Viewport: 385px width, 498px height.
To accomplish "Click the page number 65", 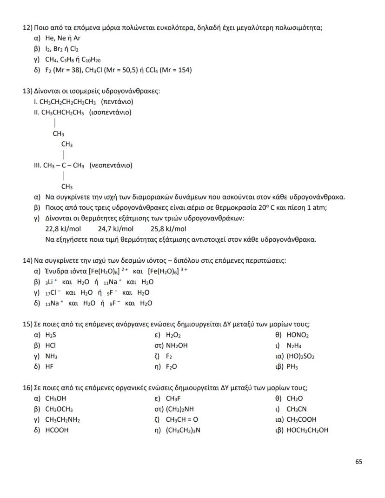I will (358, 462).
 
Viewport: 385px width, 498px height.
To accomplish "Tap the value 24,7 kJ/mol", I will (116, 229).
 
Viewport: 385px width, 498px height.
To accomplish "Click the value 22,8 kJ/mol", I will (63, 229).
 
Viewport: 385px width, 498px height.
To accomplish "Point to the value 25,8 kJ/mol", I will (168, 229).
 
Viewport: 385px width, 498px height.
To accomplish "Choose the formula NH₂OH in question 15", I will (177, 345).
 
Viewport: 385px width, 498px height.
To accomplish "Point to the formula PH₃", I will (292, 367).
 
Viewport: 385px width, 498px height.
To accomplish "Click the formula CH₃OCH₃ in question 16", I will (59, 409).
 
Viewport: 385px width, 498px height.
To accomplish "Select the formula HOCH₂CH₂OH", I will (307, 430).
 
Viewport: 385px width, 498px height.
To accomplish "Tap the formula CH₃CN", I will (296, 409).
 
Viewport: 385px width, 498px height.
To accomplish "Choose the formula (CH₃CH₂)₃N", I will (183, 430).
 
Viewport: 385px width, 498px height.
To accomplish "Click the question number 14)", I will (28, 260).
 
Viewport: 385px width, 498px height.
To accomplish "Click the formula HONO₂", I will (298, 335).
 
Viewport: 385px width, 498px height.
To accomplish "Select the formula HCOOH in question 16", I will (57, 430).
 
